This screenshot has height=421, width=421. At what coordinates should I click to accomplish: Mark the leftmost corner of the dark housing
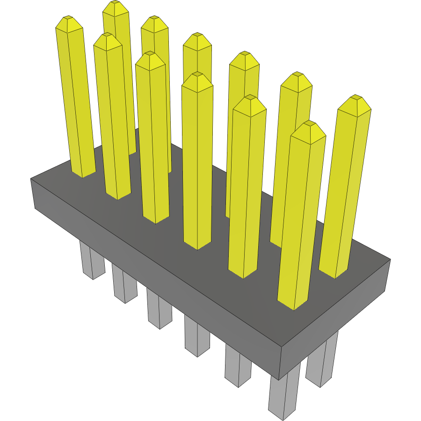31,179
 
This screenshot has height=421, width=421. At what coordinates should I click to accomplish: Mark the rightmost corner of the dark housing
390,260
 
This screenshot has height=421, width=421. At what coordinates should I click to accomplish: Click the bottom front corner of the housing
280,379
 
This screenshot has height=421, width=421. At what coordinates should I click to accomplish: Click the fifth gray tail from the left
238,367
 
